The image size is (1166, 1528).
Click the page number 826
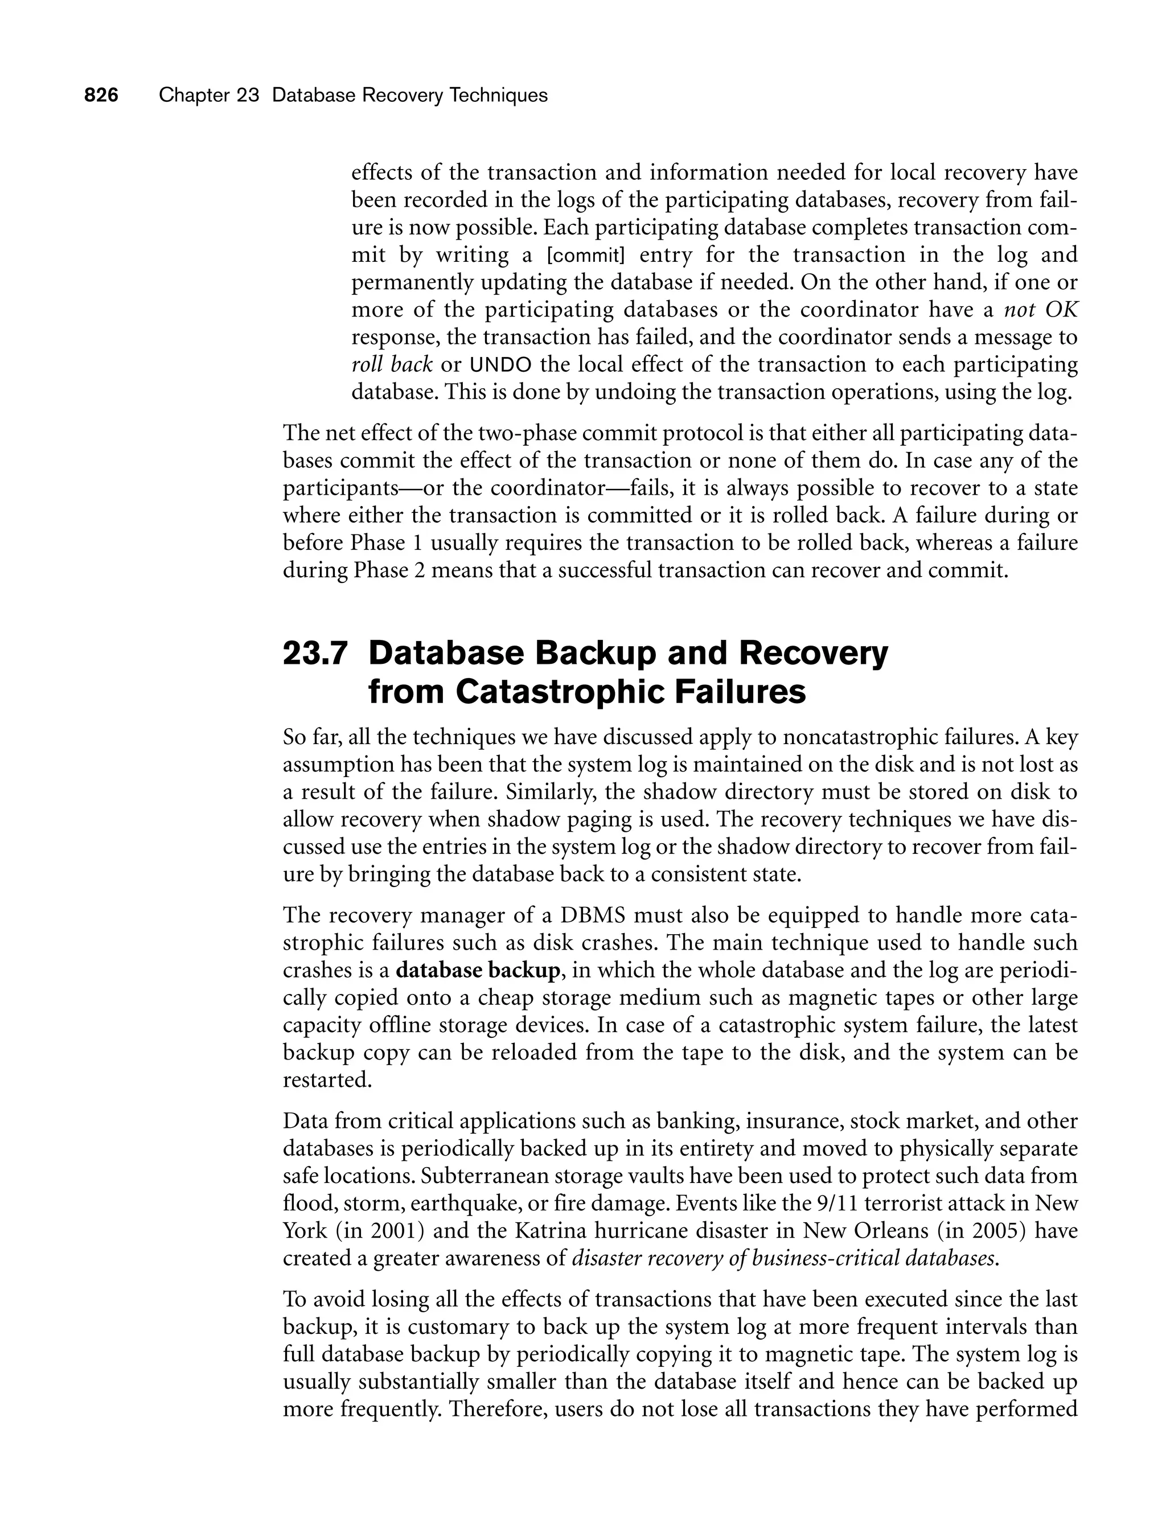point(101,96)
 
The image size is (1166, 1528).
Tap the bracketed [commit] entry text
point(586,256)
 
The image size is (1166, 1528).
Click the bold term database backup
point(478,970)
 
